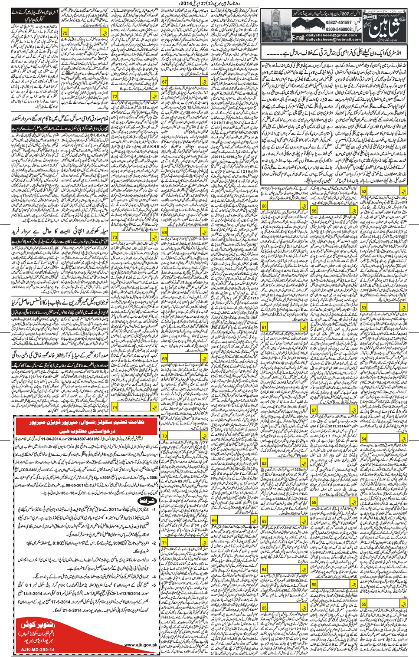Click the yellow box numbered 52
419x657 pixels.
[364, 191]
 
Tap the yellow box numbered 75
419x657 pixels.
[65, 33]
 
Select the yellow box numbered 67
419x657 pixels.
[165, 82]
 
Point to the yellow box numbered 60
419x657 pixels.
[264, 206]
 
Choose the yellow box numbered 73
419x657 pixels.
[115, 237]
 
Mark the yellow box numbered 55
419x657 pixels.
[364, 604]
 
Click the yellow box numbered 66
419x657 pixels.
[214, 520]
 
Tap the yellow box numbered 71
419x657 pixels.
[165, 542]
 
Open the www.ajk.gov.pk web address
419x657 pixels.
[141, 644]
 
